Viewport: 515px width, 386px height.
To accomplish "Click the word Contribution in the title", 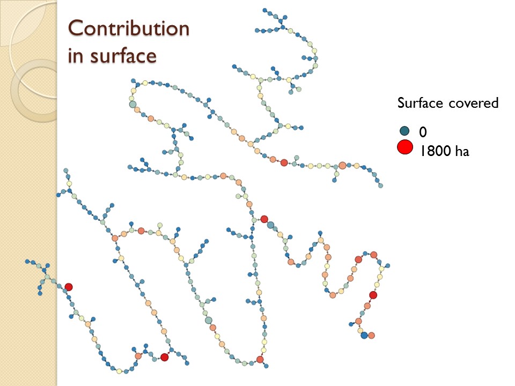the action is coord(129,28).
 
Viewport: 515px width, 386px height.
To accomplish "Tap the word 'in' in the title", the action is coord(75,55).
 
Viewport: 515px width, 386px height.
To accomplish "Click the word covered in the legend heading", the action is coord(474,103).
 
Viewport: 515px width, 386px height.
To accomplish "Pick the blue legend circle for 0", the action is coord(404,131).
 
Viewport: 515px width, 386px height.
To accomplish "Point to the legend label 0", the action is coord(423,132).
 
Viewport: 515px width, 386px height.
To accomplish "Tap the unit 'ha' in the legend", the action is coord(462,151).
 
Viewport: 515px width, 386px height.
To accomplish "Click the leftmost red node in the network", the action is coord(69,287).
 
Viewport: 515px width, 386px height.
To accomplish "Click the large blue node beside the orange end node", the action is coord(364,335).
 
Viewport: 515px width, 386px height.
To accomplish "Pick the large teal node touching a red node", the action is coord(271,225).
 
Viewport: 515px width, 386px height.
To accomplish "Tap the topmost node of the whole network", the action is coord(265,10).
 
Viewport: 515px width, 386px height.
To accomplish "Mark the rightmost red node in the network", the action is coord(373,295).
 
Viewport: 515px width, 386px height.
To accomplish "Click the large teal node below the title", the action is coord(133,105).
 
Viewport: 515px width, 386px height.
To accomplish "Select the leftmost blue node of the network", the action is coord(27,261).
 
